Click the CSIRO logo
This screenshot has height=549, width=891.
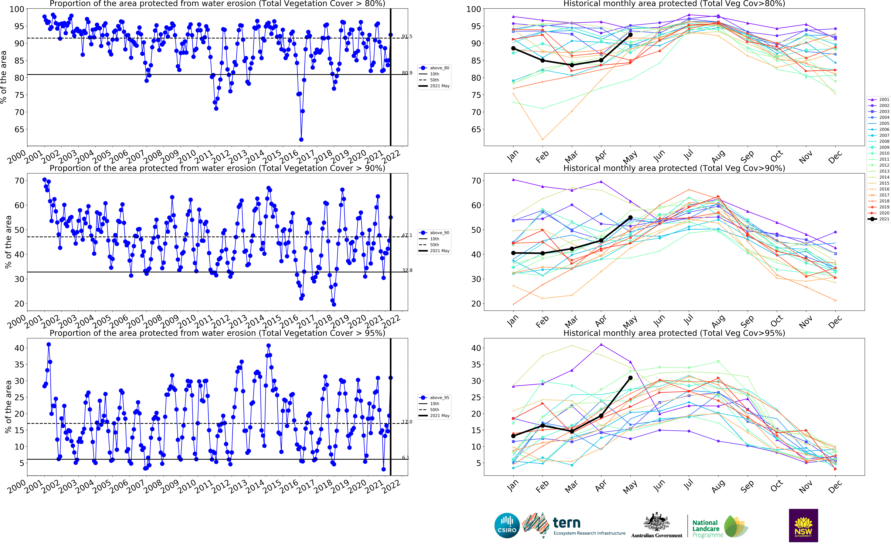(x=507, y=525)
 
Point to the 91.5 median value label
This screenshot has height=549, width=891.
(x=407, y=37)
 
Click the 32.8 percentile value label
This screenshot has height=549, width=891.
(x=407, y=271)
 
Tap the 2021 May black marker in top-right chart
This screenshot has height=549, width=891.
(x=630, y=35)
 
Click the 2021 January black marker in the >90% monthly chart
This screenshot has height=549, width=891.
(x=513, y=253)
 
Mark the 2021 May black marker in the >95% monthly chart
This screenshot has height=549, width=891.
(x=630, y=378)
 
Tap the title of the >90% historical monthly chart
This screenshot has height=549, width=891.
(x=674, y=168)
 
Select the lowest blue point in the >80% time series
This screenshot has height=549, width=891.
(x=301, y=139)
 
